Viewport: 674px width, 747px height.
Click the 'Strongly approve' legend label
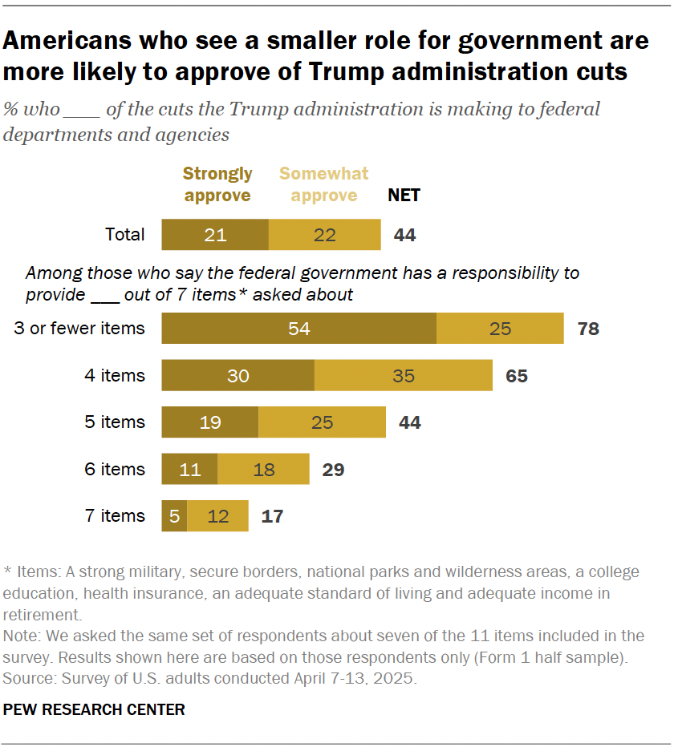point(217,184)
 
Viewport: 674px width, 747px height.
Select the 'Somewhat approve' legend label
point(323,184)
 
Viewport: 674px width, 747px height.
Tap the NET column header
point(404,195)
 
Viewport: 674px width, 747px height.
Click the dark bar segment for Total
point(215,235)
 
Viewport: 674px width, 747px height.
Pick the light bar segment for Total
point(324,235)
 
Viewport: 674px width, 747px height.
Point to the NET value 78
point(588,329)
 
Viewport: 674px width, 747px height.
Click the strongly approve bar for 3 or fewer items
point(298,329)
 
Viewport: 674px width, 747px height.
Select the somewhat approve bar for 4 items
point(403,375)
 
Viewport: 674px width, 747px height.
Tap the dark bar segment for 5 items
point(210,422)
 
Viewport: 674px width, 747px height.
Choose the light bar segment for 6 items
point(263,469)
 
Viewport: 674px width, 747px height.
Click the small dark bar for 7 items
point(174,516)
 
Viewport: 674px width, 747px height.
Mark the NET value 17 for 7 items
point(272,516)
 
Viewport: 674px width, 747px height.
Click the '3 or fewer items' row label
point(79,329)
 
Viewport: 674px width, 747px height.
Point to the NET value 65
point(517,375)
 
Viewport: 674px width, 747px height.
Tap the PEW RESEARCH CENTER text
point(94,709)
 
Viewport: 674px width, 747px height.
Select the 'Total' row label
point(125,235)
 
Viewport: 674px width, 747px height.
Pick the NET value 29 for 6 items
point(333,469)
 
